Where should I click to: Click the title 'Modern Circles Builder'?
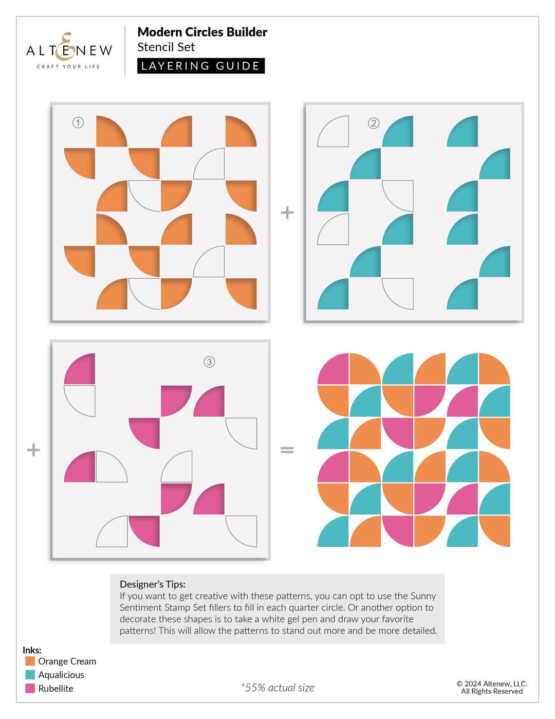click(202, 32)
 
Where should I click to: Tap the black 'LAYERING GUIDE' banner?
click(200, 66)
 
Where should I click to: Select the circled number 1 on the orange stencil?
click(78, 122)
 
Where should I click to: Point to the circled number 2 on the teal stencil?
click(374, 123)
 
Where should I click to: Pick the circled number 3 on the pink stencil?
click(209, 362)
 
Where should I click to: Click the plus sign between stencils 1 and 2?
click(287, 212)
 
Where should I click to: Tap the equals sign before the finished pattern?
click(287, 450)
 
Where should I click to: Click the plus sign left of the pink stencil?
click(33, 450)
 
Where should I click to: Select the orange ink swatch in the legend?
click(30, 661)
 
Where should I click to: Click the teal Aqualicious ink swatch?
click(30, 674)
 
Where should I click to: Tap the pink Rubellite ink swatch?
click(30, 688)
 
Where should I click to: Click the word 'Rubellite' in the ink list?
click(55, 689)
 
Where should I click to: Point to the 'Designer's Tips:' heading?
click(153, 584)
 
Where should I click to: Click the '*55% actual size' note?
click(277, 688)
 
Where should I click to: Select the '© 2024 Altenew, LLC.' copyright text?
click(492, 684)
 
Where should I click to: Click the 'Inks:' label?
click(32, 650)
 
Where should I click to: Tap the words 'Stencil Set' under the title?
click(166, 47)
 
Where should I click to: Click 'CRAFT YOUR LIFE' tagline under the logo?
click(68, 66)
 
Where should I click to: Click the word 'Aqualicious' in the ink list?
click(61, 675)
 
